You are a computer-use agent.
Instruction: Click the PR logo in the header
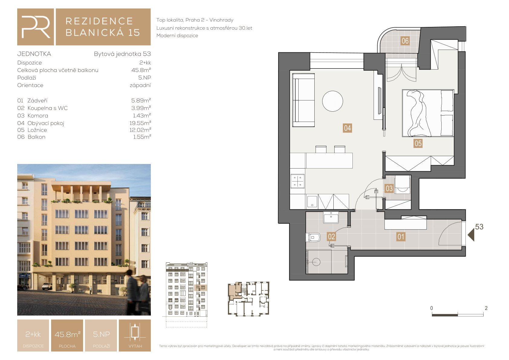point(36,27)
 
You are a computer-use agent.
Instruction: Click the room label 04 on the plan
point(347,128)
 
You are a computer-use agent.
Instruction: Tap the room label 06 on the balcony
point(405,41)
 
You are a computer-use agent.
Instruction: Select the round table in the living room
point(332,101)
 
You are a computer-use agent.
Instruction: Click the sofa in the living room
point(303,100)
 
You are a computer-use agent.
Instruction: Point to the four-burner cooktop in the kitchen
point(297,181)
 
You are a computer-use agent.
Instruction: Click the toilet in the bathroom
point(313,237)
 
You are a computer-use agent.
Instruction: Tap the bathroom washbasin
point(331,217)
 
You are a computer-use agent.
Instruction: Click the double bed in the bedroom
point(428,113)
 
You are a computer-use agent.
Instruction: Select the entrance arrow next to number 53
point(471,235)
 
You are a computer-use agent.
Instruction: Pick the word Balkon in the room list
point(36,137)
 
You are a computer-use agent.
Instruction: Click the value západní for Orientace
point(140,85)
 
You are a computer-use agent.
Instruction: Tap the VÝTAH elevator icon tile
point(135,335)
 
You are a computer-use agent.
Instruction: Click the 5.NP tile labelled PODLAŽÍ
point(101,335)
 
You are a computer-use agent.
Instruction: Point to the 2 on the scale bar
point(486,308)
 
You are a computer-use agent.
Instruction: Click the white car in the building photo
point(47,286)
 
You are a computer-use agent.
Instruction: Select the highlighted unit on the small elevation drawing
point(200,288)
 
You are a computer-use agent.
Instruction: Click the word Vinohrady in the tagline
point(221,20)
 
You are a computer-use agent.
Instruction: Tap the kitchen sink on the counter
point(312,201)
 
